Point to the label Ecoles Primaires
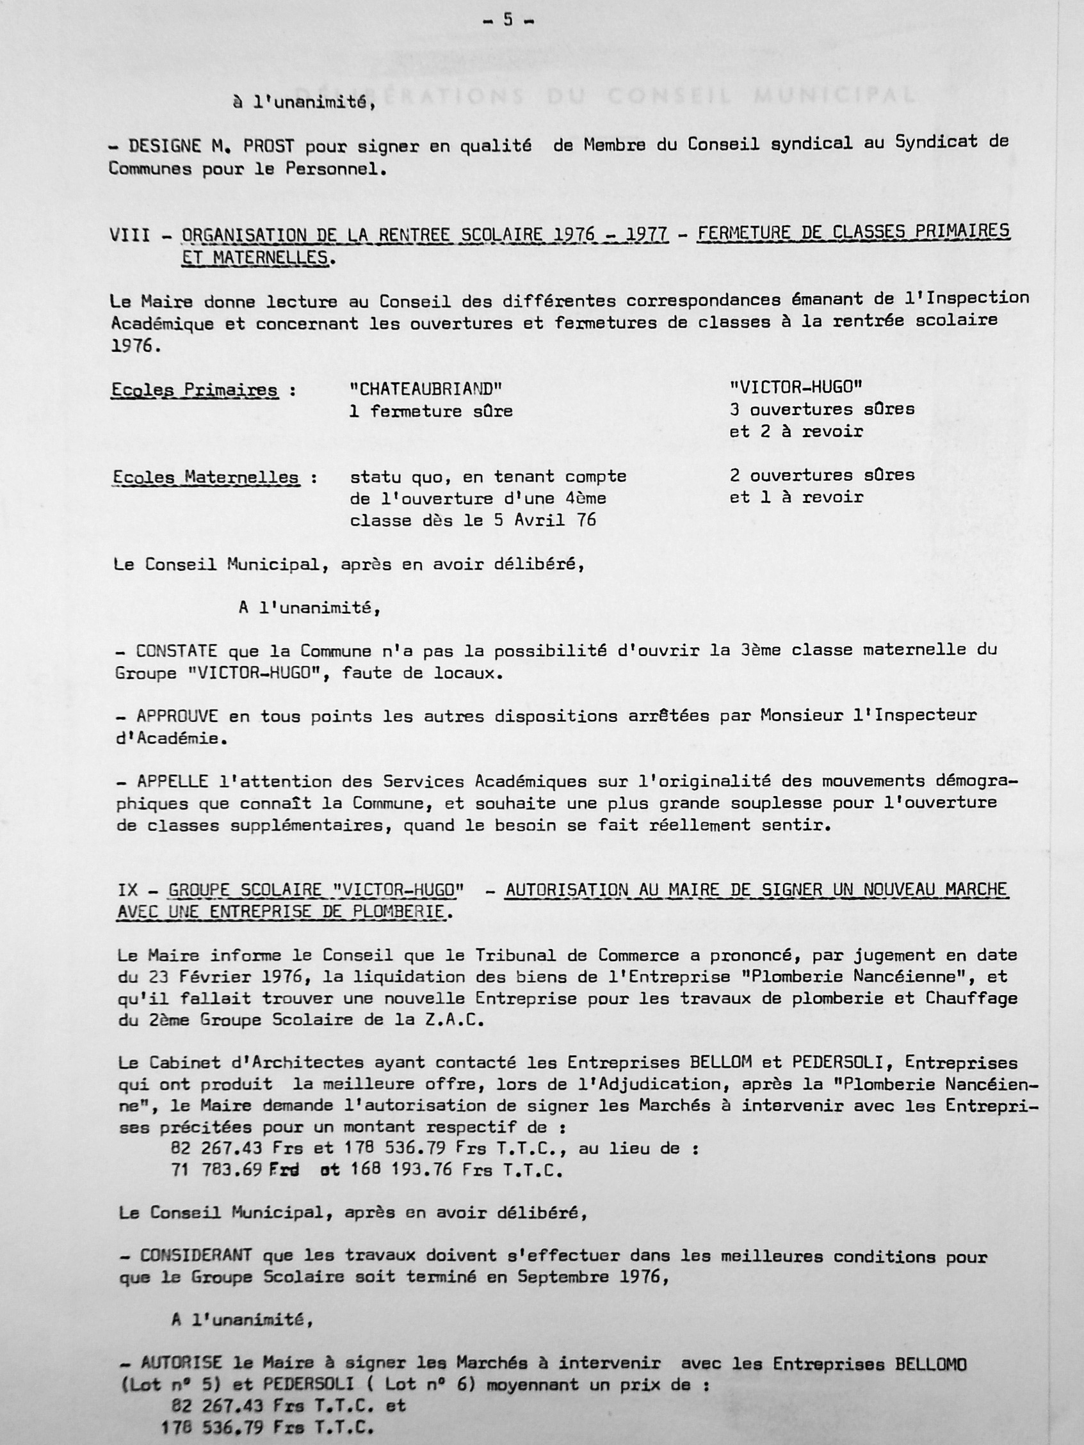coord(194,391)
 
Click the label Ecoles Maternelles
coord(205,477)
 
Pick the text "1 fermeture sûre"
coord(431,411)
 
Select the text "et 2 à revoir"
coord(796,431)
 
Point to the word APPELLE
coord(172,782)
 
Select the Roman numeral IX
coord(128,890)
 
